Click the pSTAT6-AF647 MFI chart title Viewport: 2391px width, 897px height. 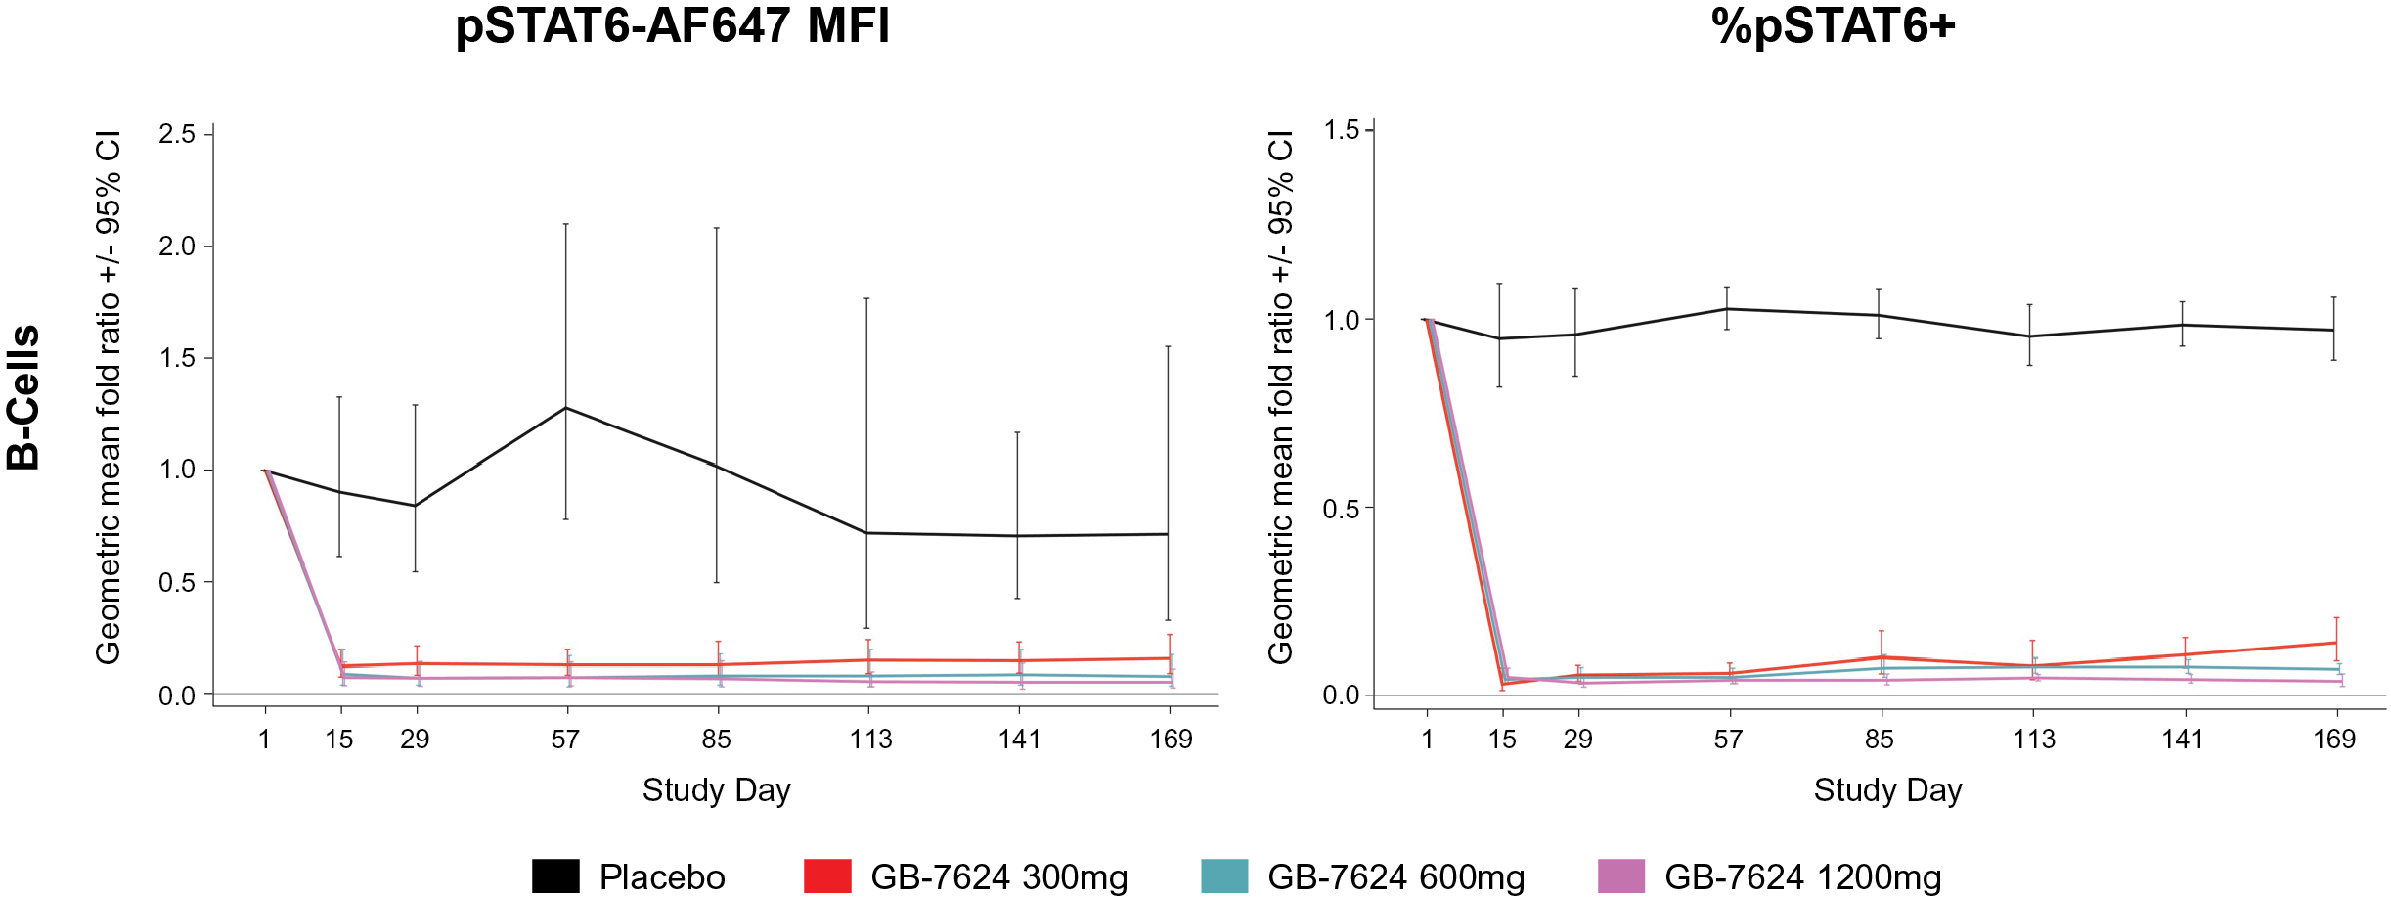coord(673,26)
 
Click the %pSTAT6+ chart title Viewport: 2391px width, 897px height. coord(1834,26)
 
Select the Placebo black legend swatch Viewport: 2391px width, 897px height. coord(555,875)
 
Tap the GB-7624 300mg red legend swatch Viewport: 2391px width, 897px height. coord(827,875)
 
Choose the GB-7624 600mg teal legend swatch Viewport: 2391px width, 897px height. coord(1224,875)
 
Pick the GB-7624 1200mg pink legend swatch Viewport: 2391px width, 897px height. coord(1621,875)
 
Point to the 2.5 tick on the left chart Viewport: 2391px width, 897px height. coord(178,134)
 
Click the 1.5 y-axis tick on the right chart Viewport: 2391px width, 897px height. coord(1342,130)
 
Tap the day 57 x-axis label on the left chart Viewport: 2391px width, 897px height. coord(565,740)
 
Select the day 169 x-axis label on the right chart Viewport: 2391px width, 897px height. coord(2334,740)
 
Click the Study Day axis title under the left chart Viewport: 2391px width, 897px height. coord(716,790)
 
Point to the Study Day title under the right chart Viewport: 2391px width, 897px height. coord(1887,790)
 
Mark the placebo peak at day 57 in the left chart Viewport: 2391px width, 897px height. coord(566,407)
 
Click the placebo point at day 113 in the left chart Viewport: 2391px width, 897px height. coord(866,533)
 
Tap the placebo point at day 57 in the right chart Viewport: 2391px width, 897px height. coord(1727,309)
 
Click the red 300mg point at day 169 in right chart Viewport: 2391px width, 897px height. coord(2336,643)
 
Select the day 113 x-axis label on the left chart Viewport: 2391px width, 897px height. coord(870,740)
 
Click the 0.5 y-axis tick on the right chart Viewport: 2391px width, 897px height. coord(1342,509)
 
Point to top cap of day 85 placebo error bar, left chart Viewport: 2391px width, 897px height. coord(717,228)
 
